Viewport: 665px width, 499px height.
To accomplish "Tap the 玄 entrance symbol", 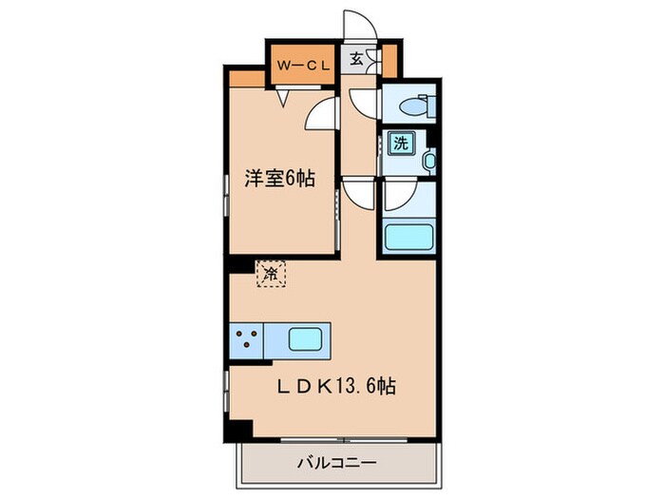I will pyautogui.click(x=355, y=59).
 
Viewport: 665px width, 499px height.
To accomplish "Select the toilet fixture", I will pyautogui.click(x=415, y=107).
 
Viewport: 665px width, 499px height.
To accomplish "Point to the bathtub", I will pyautogui.click(x=407, y=237).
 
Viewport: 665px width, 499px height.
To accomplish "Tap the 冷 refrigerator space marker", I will pyautogui.click(x=271, y=274).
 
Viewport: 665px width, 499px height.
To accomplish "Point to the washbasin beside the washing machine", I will pyautogui.click(x=428, y=163).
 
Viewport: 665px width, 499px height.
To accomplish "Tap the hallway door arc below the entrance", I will pyautogui.click(x=361, y=100).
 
